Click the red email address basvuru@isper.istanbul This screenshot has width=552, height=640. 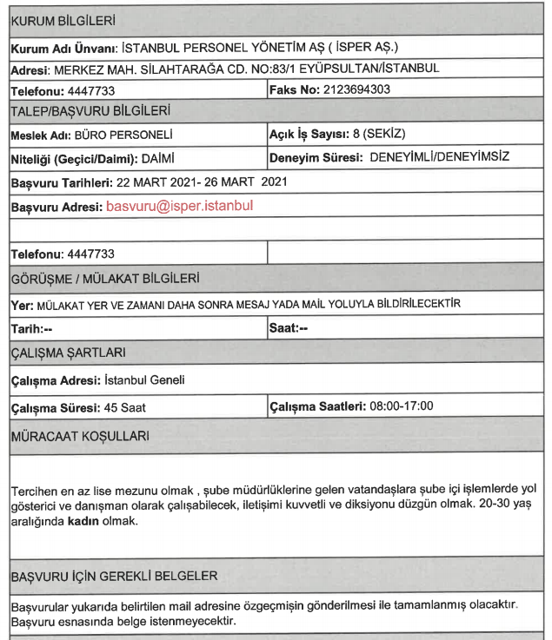[x=179, y=208]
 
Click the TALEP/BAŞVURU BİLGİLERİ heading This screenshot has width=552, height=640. [x=90, y=111]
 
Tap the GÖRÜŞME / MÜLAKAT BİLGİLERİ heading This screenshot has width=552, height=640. [x=103, y=279]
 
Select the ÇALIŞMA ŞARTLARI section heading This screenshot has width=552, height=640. [x=68, y=352]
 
